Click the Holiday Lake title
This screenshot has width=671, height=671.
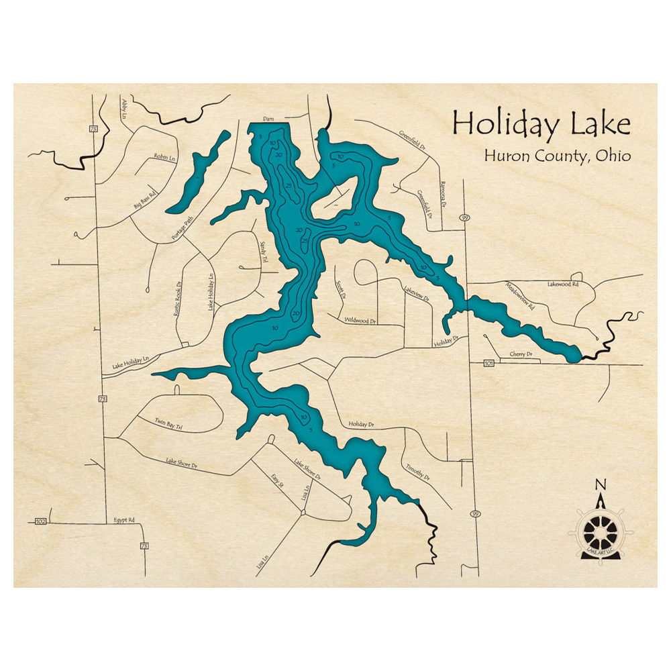point(541,125)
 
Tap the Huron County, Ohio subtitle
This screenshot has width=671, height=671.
point(557,156)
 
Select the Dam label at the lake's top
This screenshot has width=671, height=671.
point(268,119)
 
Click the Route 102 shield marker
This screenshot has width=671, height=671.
point(40,521)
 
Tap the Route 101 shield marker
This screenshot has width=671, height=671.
point(488,364)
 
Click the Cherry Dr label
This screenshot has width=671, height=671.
point(521,354)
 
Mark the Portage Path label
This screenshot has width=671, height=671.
point(181,227)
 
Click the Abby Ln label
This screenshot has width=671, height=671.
point(125,108)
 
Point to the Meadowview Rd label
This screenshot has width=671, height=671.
point(521,295)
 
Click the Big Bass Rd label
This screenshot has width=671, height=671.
point(144,199)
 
